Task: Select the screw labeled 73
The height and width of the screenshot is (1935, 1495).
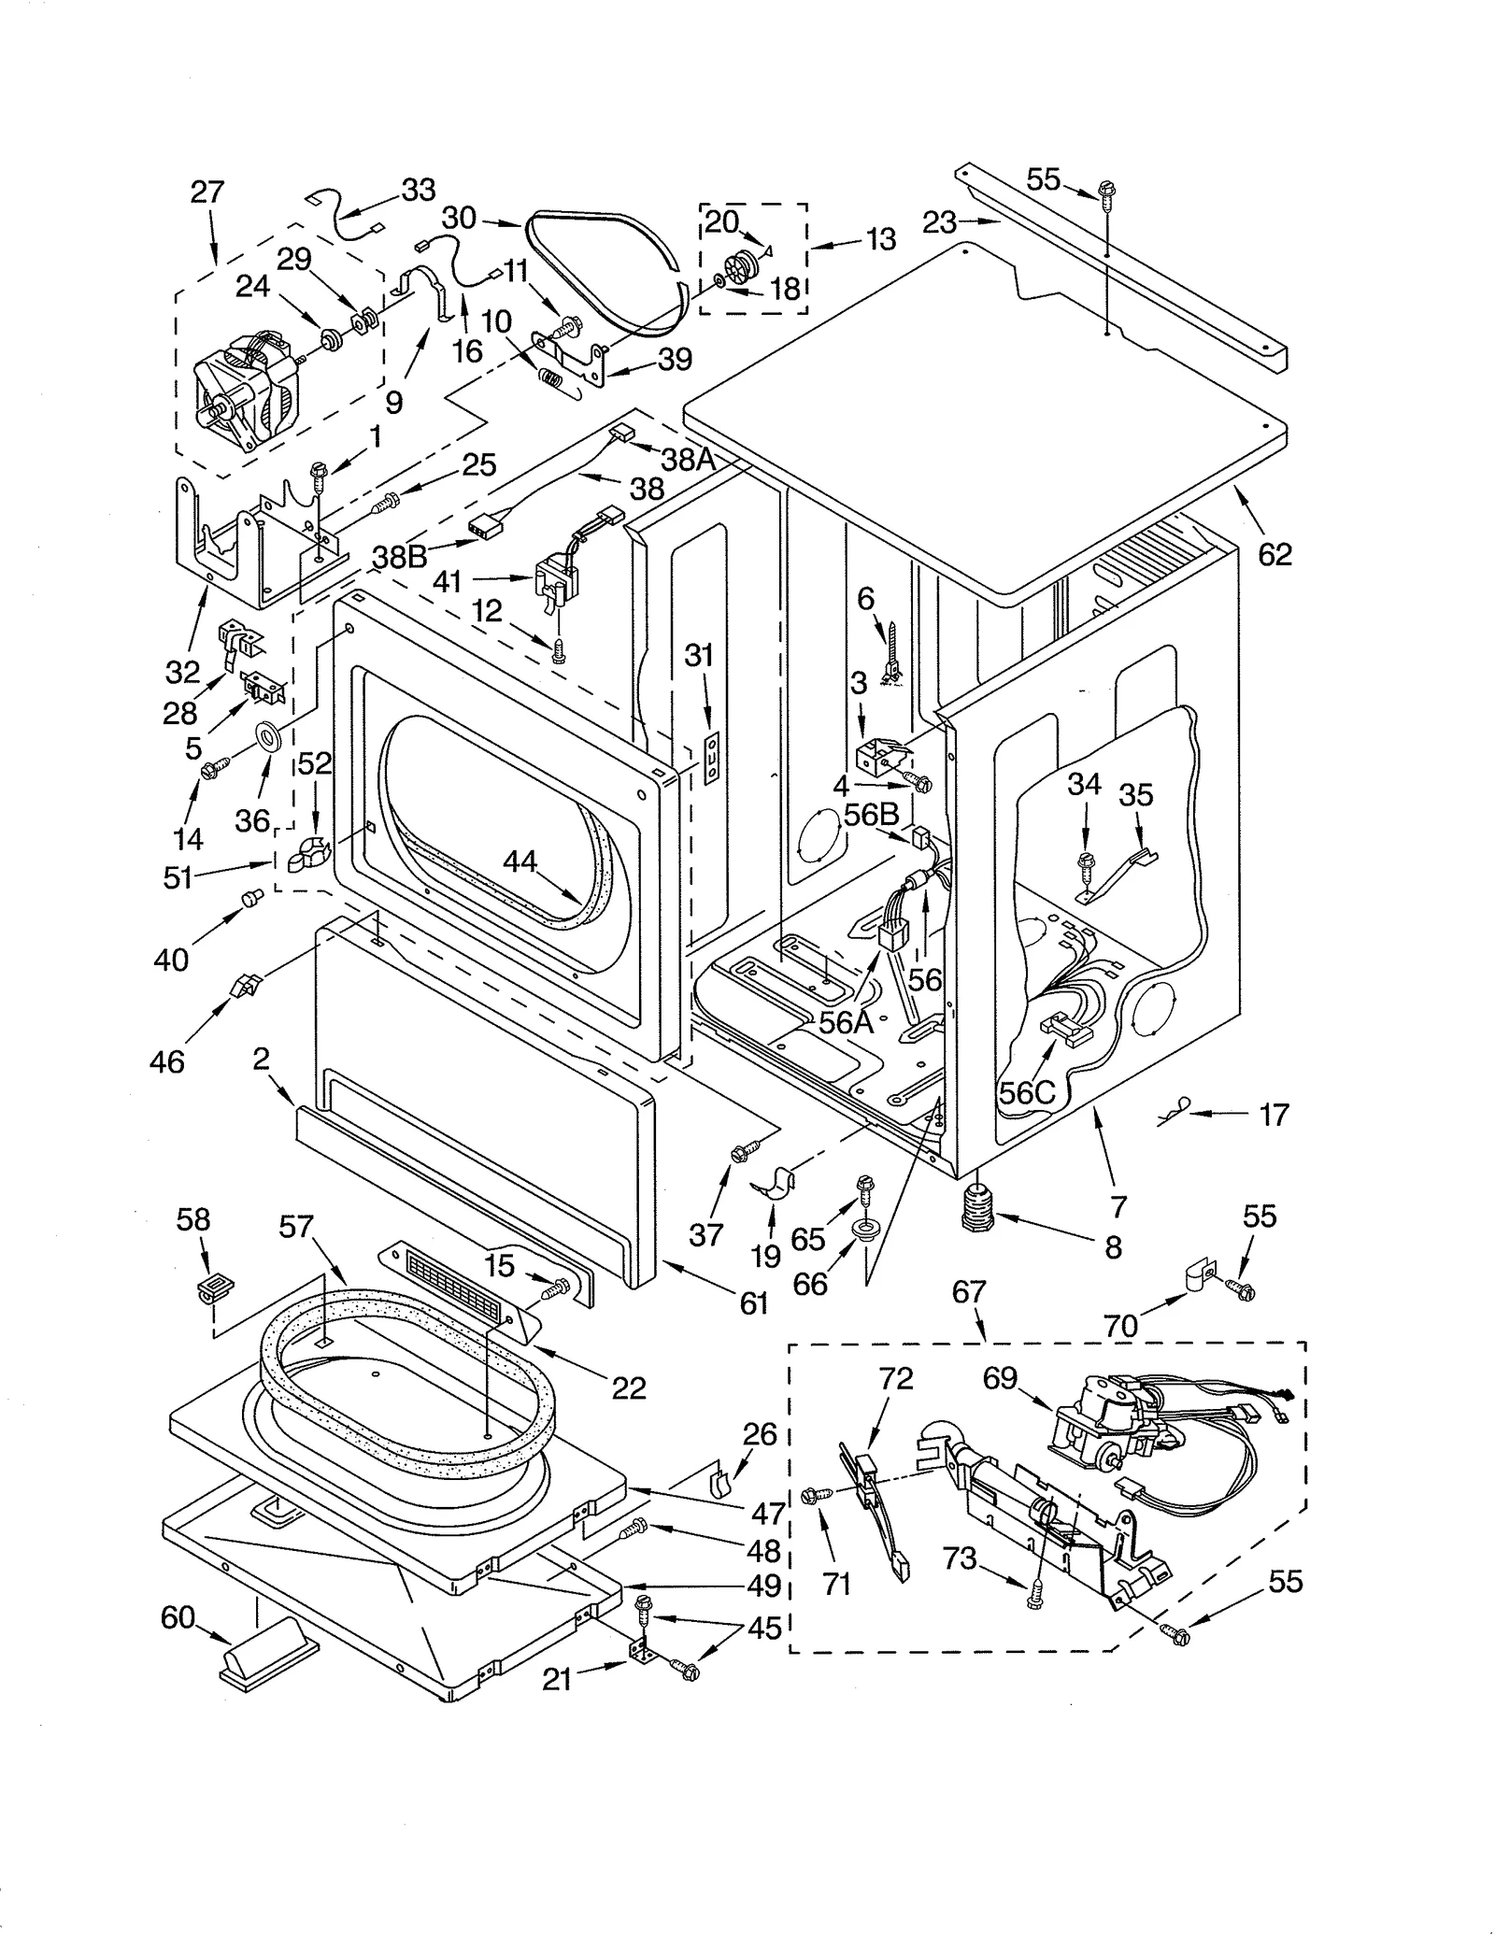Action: click(x=1035, y=1601)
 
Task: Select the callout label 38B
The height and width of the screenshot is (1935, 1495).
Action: click(x=400, y=556)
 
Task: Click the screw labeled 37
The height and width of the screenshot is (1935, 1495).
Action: click(x=740, y=1155)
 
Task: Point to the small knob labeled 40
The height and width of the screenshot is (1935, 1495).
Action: click(x=250, y=898)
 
